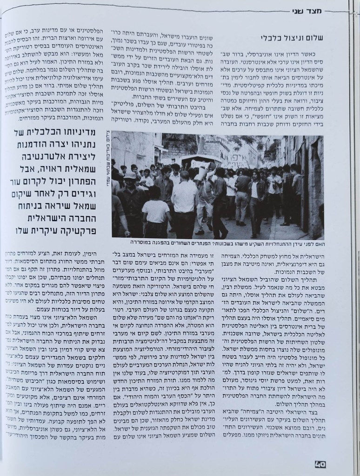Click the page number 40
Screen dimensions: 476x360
coord(320,463)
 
